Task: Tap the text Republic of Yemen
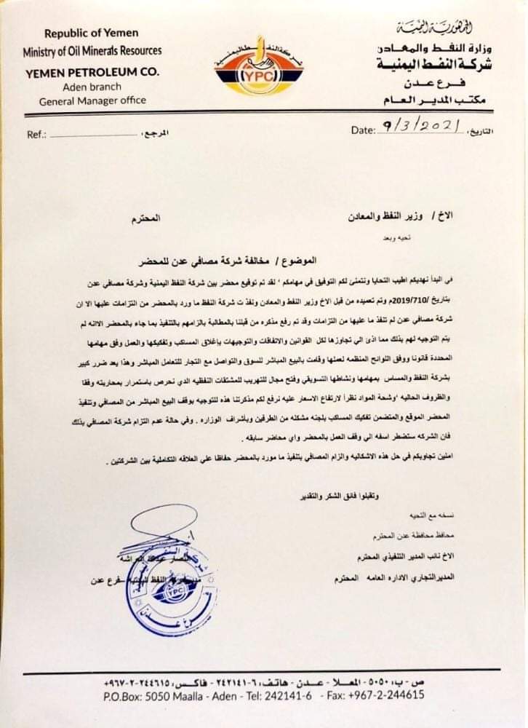[x=92, y=33]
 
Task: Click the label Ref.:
[x=36, y=135]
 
